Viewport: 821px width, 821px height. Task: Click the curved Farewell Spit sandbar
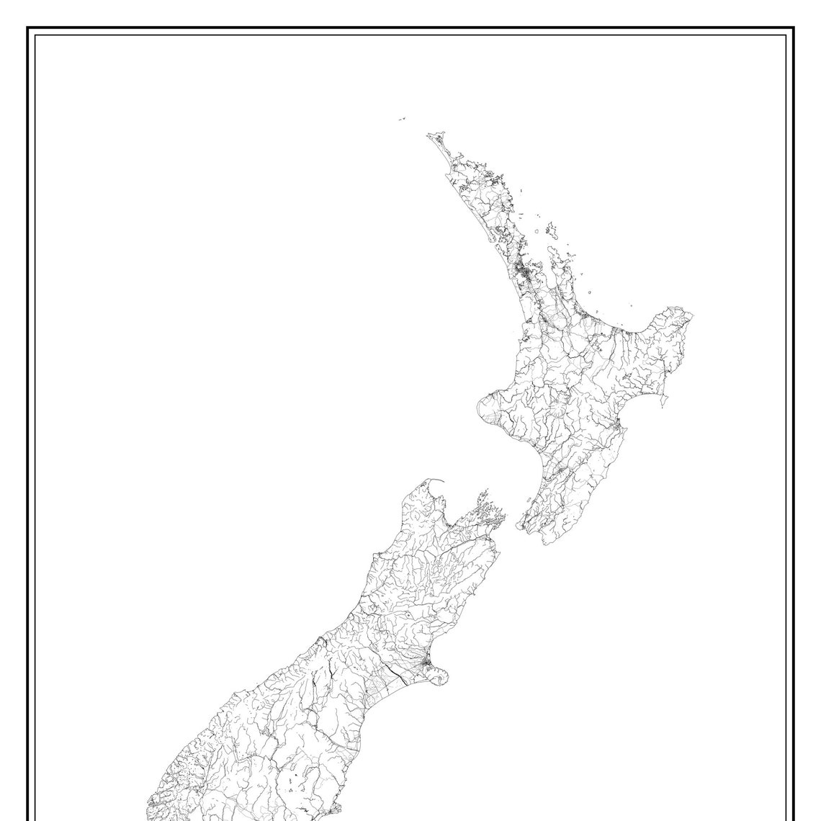pos(438,481)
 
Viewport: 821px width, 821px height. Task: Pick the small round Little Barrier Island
pos(537,230)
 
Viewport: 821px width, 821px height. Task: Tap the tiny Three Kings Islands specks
pos(401,120)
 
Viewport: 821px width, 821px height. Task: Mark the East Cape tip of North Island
pos(691,315)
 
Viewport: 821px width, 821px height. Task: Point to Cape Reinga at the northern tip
pos(431,135)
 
